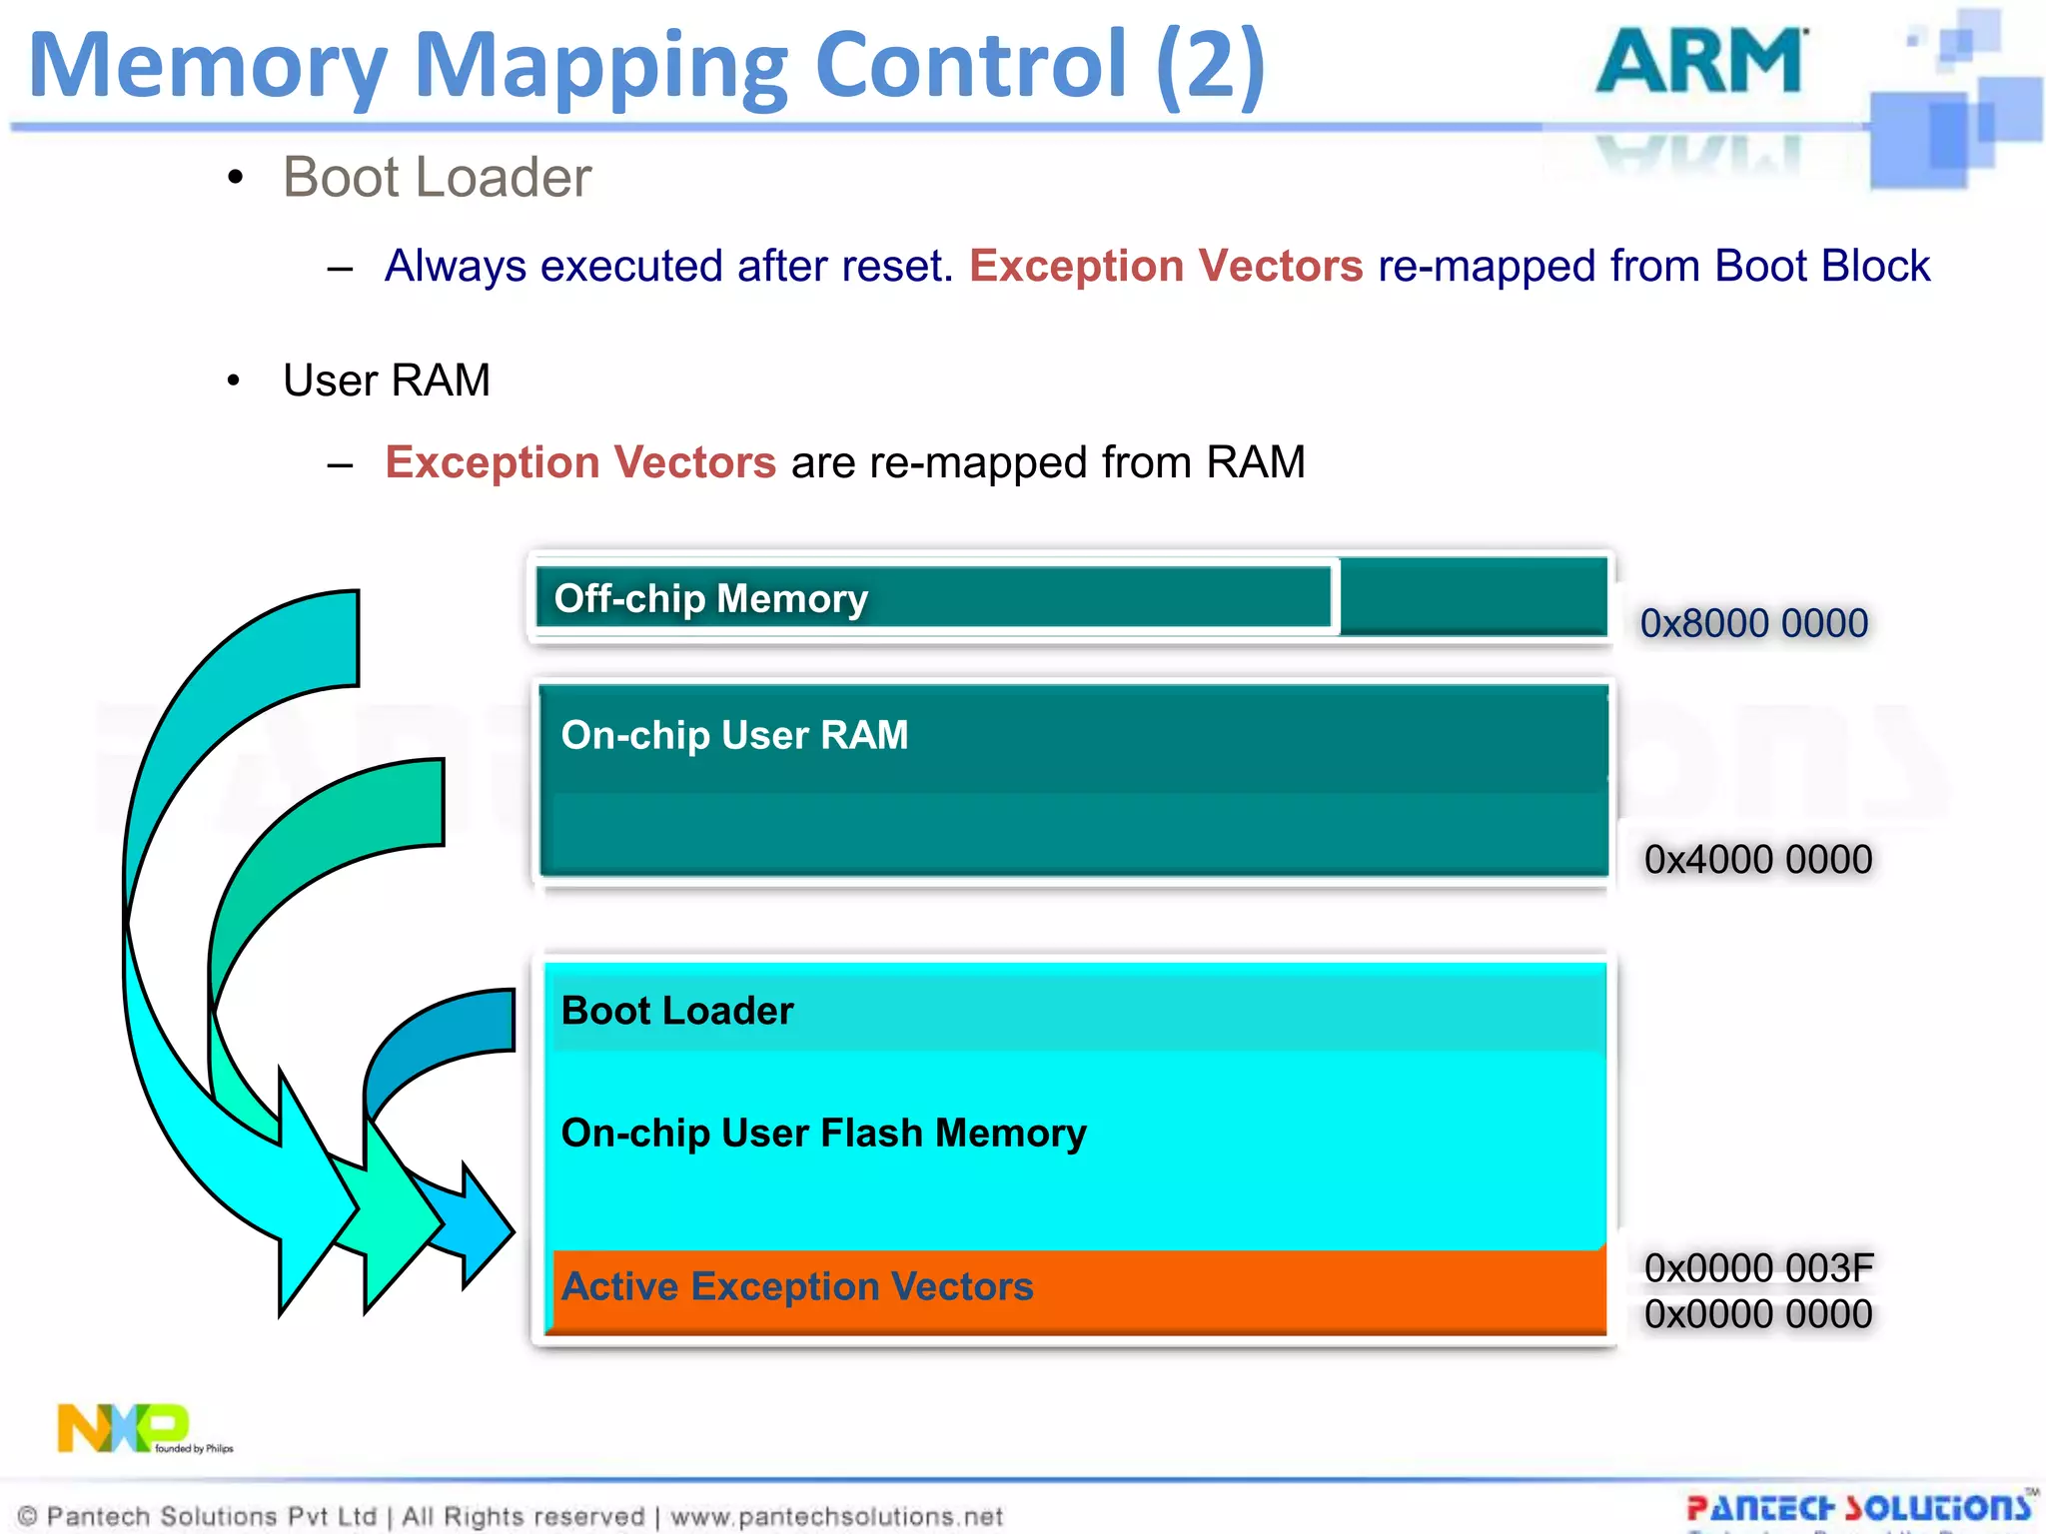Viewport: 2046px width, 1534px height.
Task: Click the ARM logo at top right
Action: tap(1701, 62)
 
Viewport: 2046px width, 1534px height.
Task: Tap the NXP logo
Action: tap(122, 1427)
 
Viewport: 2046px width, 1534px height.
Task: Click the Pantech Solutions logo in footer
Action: tap(1858, 1507)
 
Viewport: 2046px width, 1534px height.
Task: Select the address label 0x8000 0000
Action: tap(1753, 623)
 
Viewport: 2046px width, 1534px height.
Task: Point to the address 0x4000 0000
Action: tap(1757, 859)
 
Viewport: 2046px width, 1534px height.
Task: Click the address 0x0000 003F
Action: tap(1757, 1267)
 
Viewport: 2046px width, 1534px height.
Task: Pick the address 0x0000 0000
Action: tap(1757, 1314)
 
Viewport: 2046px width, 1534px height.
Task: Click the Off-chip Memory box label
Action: tap(710, 598)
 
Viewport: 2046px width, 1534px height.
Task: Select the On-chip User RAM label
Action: tap(734, 735)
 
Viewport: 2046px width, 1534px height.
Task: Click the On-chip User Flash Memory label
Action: tap(823, 1133)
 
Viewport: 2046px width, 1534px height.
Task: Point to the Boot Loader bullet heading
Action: tap(437, 177)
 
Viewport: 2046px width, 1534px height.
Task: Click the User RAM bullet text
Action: tap(387, 381)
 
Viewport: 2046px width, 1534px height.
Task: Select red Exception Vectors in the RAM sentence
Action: tap(580, 462)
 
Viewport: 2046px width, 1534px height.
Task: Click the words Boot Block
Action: tap(1821, 266)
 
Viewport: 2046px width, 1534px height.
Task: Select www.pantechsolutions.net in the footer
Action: tap(836, 1516)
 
